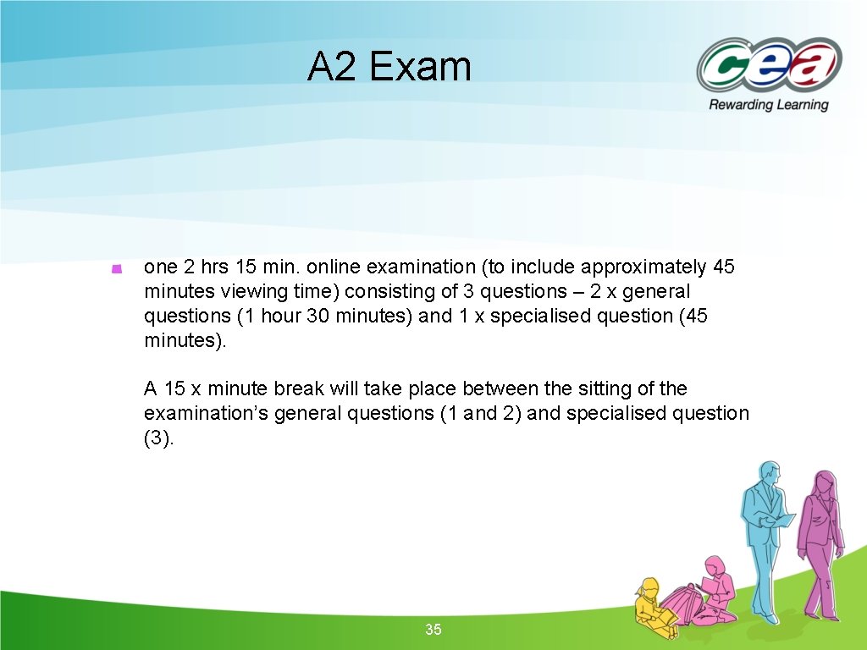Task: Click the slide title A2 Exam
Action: tap(389, 67)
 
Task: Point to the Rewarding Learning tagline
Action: tap(768, 105)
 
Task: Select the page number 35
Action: tap(433, 630)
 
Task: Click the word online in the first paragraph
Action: tap(334, 267)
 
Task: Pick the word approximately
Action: tap(640, 267)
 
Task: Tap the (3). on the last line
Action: tap(158, 438)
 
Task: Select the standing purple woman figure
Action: tap(820, 542)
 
